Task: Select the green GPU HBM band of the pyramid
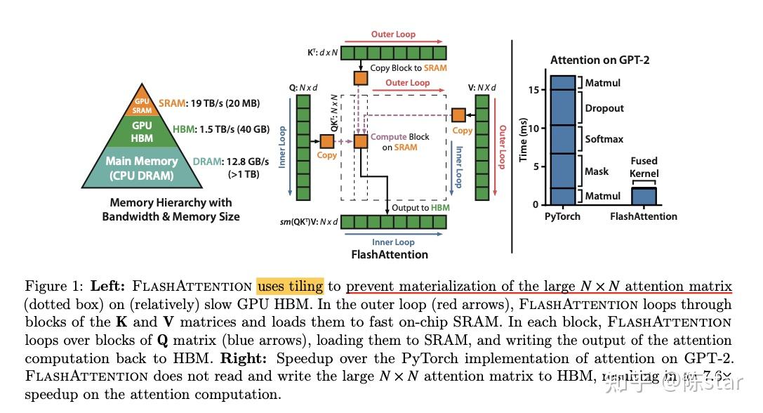142,131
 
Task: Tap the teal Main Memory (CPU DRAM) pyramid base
142,169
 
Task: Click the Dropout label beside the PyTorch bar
604,108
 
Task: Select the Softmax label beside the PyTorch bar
604,139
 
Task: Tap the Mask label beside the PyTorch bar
597,171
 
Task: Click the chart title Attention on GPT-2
599,60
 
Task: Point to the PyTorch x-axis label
562,216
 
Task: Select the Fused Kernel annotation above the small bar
644,166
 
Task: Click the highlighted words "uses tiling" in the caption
290,287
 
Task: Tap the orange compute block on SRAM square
360,141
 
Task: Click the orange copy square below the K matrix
360,77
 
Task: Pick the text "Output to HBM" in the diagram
420,208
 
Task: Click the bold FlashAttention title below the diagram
390,254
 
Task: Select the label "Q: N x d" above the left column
304,88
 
